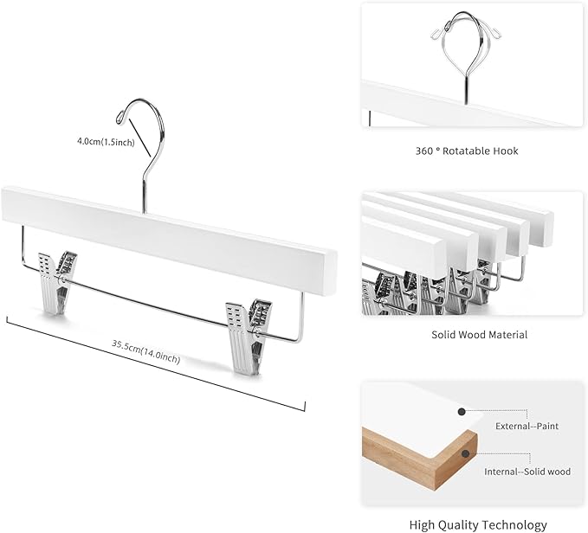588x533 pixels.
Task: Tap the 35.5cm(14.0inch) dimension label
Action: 145,351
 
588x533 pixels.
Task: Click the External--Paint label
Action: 527,426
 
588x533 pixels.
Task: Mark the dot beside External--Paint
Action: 463,413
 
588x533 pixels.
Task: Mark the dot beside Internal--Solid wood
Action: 466,451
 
